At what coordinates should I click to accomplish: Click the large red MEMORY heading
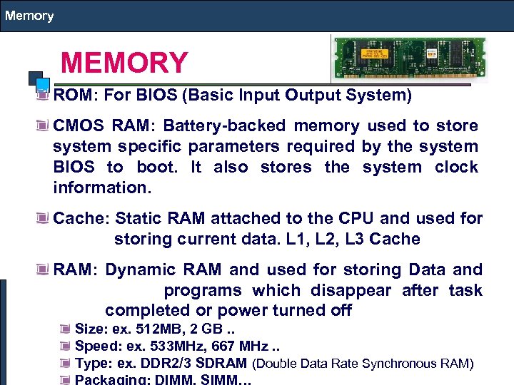[124, 63]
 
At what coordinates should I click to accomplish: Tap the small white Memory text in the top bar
[29, 15]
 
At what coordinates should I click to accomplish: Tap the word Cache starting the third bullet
[79, 218]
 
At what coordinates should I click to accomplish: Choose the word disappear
[351, 291]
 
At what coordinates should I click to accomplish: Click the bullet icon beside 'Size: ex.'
[66, 329]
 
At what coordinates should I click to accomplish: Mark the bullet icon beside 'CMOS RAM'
[44, 126]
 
